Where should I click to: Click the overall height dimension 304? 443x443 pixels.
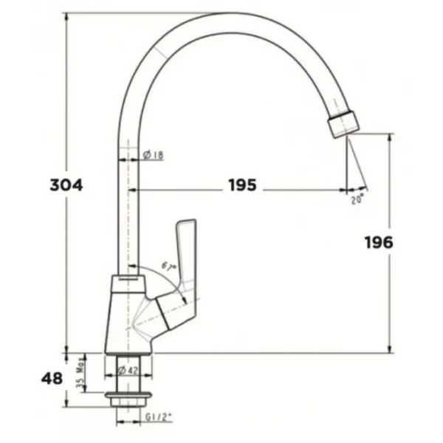66,185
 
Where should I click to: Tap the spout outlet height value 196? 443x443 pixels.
378,242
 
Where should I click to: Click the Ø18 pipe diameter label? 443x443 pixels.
154,155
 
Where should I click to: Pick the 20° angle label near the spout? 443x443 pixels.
357,199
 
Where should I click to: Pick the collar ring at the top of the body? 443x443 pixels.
127,282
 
